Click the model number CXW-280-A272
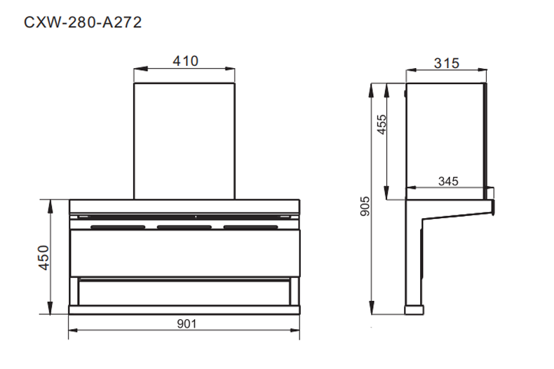tap(83, 22)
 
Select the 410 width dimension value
tap(186, 61)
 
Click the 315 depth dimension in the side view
tap(446, 64)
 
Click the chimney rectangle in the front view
tap(186, 140)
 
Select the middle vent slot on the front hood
tap(186, 227)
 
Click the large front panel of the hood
tap(186, 253)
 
